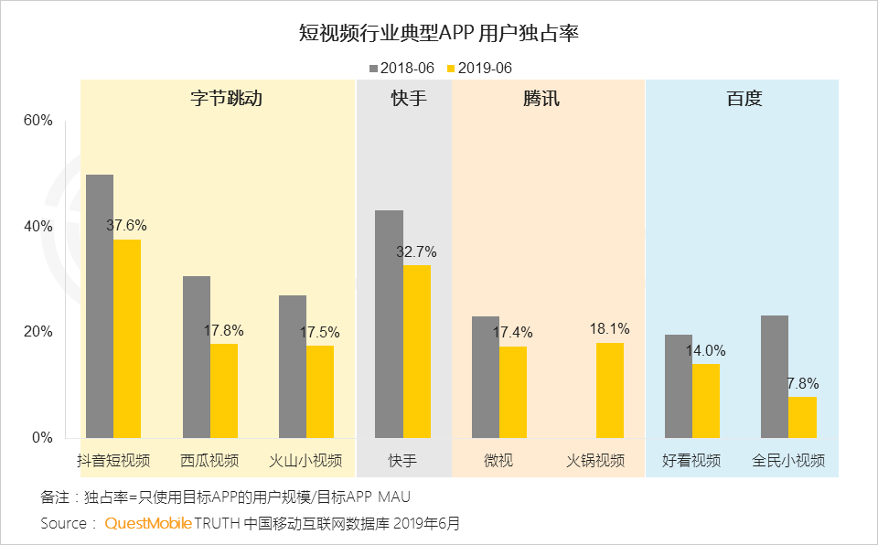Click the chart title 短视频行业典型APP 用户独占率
439,34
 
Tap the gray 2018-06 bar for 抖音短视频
100,305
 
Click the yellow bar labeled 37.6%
127,338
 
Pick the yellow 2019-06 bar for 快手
417,351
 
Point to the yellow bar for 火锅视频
610,390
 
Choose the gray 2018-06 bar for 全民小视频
775,376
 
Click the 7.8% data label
802,383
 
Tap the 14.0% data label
706,350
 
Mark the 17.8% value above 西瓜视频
224,330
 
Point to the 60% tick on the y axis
37,121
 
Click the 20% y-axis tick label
37,332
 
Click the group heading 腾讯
541,99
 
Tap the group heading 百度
744,99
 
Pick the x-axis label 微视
498,460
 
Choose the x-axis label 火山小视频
305,460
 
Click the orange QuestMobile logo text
148,523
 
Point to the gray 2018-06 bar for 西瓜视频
197,357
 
